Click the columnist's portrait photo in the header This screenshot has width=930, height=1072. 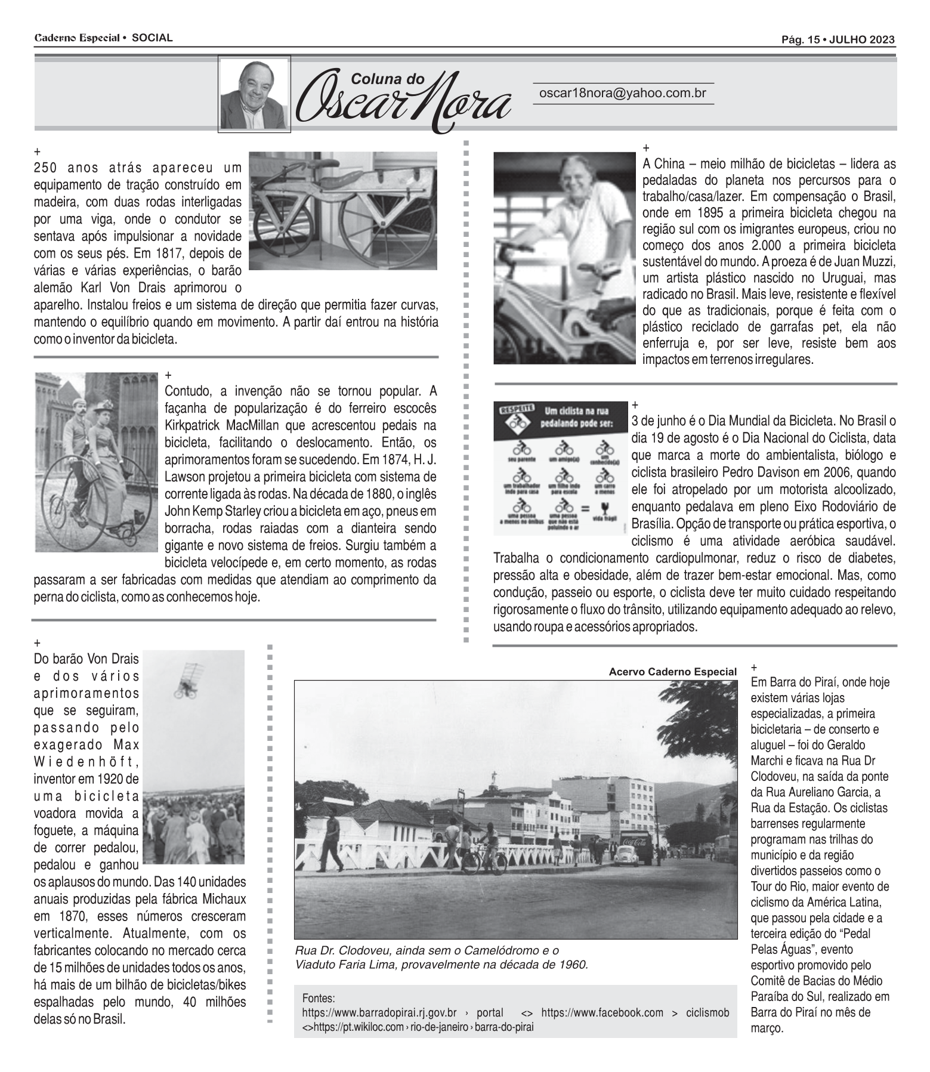click(x=254, y=94)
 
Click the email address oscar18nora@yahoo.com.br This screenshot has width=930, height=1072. click(x=623, y=94)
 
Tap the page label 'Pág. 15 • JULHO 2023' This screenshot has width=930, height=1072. click(x=838, y=40)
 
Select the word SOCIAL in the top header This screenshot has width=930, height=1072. click(x=152, y=38)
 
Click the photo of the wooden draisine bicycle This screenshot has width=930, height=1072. click(x=342, y=210)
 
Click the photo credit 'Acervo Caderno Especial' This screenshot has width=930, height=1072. click(x=672, y=672)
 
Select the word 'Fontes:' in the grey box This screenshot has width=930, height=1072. click(x=319, y=998)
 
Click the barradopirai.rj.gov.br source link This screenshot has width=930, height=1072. click(x=379, y=1012)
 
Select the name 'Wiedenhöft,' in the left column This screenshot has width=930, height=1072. click(x=87, y=762)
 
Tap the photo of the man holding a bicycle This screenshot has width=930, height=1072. click(x=564, y=258)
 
